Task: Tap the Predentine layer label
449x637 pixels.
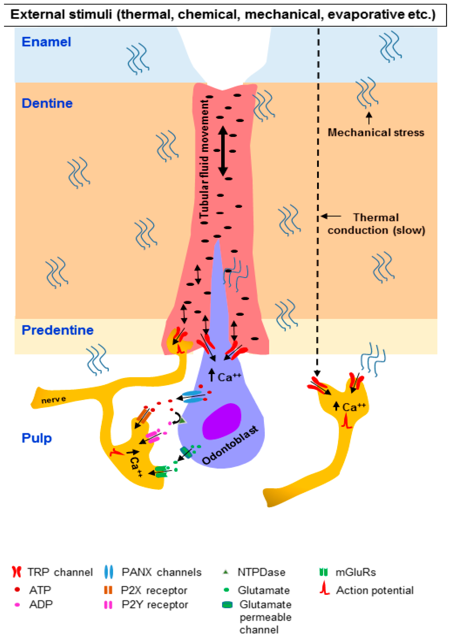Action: [58, 330]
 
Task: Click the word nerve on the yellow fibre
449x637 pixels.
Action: [54, 400]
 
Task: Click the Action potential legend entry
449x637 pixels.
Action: [367, 590]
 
